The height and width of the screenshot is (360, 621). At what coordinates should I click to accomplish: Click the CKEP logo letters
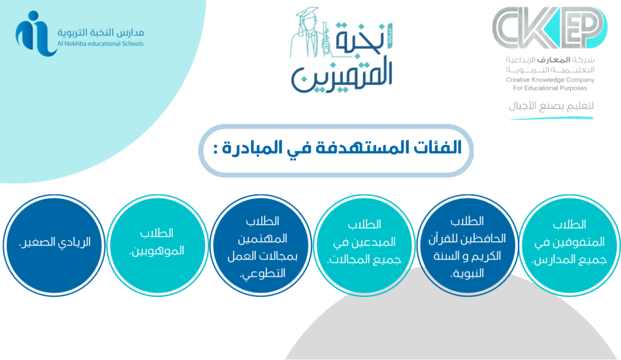click(549, 27)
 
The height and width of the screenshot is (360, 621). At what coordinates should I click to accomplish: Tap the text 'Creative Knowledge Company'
click(550, 79)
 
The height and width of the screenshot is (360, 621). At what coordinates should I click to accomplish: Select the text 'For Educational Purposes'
click(550, 88)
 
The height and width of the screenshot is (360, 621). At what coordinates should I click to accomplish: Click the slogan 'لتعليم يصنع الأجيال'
click(551, 106)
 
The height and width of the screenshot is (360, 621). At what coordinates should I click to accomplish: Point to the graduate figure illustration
click(310, 33)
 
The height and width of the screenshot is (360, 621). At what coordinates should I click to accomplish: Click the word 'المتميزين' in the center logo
click(342, 76)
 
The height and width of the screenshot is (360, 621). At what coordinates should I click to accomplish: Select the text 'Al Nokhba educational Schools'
click(101, 44)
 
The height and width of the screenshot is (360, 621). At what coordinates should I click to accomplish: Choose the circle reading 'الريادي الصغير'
click(55, 245)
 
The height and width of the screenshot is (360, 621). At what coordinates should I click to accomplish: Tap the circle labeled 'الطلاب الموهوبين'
click(158, 245)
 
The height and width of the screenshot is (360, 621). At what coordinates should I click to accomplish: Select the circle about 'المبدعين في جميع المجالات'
click(364, 245)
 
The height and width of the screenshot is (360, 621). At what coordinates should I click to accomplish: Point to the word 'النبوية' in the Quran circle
click(468, 273)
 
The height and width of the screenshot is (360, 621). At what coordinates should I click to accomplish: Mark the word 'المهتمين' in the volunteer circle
click(263, 239)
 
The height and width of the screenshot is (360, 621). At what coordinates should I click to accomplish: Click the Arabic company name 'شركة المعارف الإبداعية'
click(550, 60)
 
